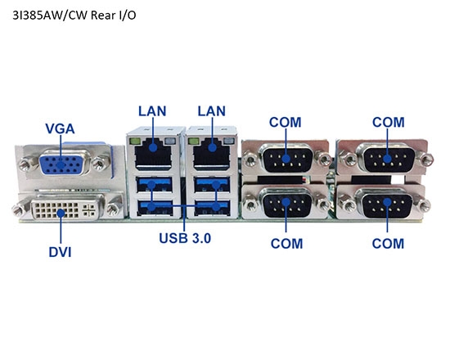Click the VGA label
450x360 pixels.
[61, 128]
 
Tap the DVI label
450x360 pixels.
[59, 252]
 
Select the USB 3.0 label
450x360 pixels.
[185, 239]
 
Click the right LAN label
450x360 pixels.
[211, 110]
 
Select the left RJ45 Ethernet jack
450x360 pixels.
[153, 150]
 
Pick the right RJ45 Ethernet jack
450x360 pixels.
[211, 150]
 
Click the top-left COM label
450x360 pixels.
[286, 122]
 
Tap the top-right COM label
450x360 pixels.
[388, 122]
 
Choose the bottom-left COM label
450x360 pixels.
[286, 243]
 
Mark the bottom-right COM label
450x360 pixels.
[388, 243]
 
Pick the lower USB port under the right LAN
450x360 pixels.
[211, 207]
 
